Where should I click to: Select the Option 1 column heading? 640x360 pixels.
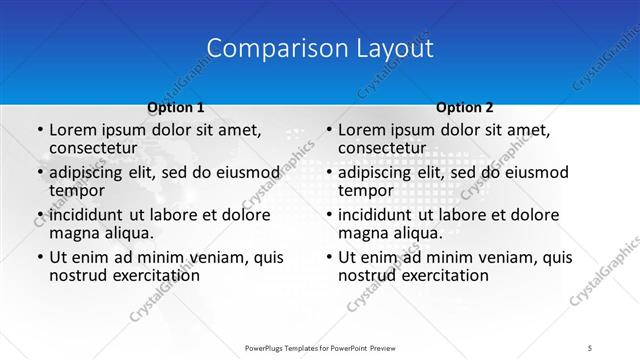(176, 107)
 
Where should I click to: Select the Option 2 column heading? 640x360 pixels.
(464, 107)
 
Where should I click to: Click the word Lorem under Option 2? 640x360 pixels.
(361, 130)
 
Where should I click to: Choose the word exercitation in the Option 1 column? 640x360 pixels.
(153, 274)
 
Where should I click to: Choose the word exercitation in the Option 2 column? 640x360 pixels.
(442, 274)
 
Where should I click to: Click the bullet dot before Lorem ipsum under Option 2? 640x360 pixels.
(327, 131)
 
